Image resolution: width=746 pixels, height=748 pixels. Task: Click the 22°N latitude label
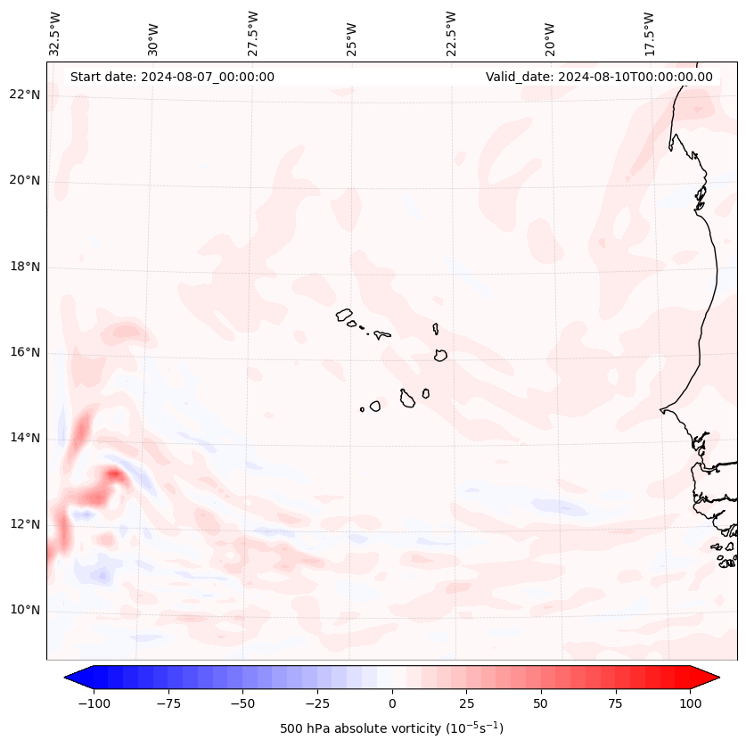(25, 95)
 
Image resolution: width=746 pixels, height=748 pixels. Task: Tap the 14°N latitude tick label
(25, 438)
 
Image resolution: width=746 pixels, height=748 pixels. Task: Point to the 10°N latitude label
(25, 610)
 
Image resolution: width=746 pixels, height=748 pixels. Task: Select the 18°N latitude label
(25, 267)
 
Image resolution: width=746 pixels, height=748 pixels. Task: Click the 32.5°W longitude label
(55, 33)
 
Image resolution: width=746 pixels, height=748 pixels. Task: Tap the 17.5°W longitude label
(649, 33)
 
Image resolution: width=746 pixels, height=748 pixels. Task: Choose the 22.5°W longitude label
(451, 33)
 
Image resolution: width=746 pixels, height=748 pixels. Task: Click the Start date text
(172, 77)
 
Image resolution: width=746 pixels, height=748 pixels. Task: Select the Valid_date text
(599, 77)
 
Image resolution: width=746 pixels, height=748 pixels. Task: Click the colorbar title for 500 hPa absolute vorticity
(391, 728)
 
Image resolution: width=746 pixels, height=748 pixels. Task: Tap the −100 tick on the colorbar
(94, 703)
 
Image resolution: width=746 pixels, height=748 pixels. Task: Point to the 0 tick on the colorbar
(392, 703)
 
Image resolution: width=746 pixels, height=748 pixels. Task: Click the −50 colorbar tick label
(243, 703)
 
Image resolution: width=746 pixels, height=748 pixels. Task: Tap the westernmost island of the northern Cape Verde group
(344, 314)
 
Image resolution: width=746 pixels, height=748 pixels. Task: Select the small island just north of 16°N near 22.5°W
(436, 328)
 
